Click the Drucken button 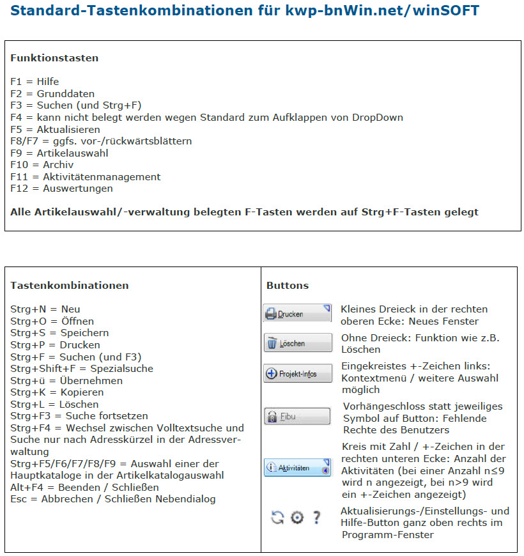pos(297,314)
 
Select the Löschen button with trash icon pos(297,343)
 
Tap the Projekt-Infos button pos(297,373)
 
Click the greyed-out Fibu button pos(297,416)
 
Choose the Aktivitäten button pos(297,467)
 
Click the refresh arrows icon pos(277,517)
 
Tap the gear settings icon pos(297,517)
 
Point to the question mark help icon pos(316,517)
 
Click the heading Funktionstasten pos(54,58)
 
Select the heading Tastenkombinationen pos(69,285)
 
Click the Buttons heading pos(287,285)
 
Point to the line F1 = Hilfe pos(35,82)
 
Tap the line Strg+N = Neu pos(45,309)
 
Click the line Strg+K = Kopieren pos(57,392)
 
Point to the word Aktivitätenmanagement pos(102,177)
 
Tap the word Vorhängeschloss pos(382,406)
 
